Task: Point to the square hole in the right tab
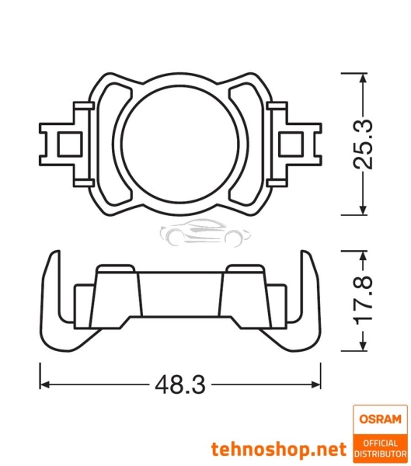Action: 294,143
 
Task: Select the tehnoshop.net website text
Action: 278,449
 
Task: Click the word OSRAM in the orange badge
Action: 380,419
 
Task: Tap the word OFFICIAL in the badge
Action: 380,443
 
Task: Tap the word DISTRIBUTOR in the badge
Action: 380,454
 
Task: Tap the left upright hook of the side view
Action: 50,295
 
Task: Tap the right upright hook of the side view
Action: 312,295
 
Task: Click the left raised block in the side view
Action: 116,295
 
